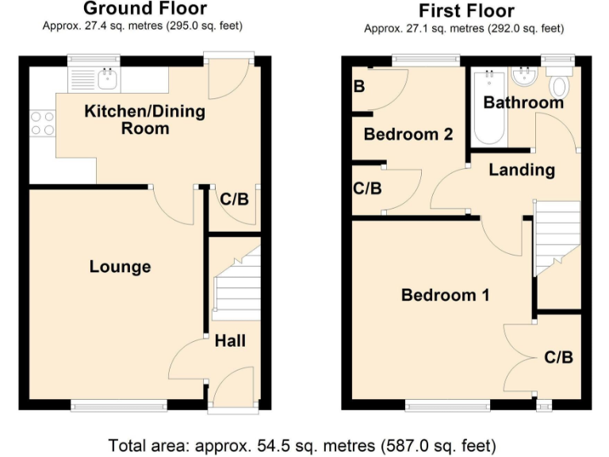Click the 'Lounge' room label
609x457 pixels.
coord(120,267)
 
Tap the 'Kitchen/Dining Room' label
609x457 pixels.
coord(144,119)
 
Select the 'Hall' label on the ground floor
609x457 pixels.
coord(230,340)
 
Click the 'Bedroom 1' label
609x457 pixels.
coord(445,295)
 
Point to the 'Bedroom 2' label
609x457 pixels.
coord(408,134)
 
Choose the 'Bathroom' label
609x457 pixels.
coord(523,102)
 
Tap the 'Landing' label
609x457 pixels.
coord(521,169)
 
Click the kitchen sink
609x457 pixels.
coord(107,78)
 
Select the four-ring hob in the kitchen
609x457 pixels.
coord(43,123)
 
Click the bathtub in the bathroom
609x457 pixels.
coord(488,106)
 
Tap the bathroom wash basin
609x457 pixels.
coord(524,77)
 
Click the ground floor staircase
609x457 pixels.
coord(236,285)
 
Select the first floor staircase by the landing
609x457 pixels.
coord(558,237)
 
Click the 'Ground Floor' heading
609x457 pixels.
coord(144,10)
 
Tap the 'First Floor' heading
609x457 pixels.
coord(466,11)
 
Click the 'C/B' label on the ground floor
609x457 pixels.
coord(234,199)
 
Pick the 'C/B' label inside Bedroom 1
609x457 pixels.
coord(558,357)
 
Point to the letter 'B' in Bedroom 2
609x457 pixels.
coord(359,86)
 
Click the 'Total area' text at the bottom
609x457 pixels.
coord(302,444)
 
